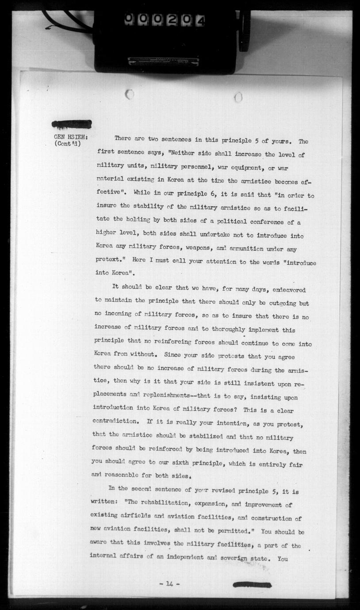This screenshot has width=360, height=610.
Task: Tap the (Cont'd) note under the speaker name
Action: tap(68, 144)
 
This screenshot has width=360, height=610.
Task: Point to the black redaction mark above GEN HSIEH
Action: tap(72, 124)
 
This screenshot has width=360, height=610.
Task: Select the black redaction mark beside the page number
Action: tap(252, 584)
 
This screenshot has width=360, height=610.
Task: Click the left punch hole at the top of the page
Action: tap(130, 94)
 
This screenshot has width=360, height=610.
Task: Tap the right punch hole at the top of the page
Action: tap(238, 97)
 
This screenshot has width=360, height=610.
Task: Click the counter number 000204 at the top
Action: tap(165, 20)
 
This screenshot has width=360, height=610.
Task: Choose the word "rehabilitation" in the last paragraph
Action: tap(164, 504)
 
